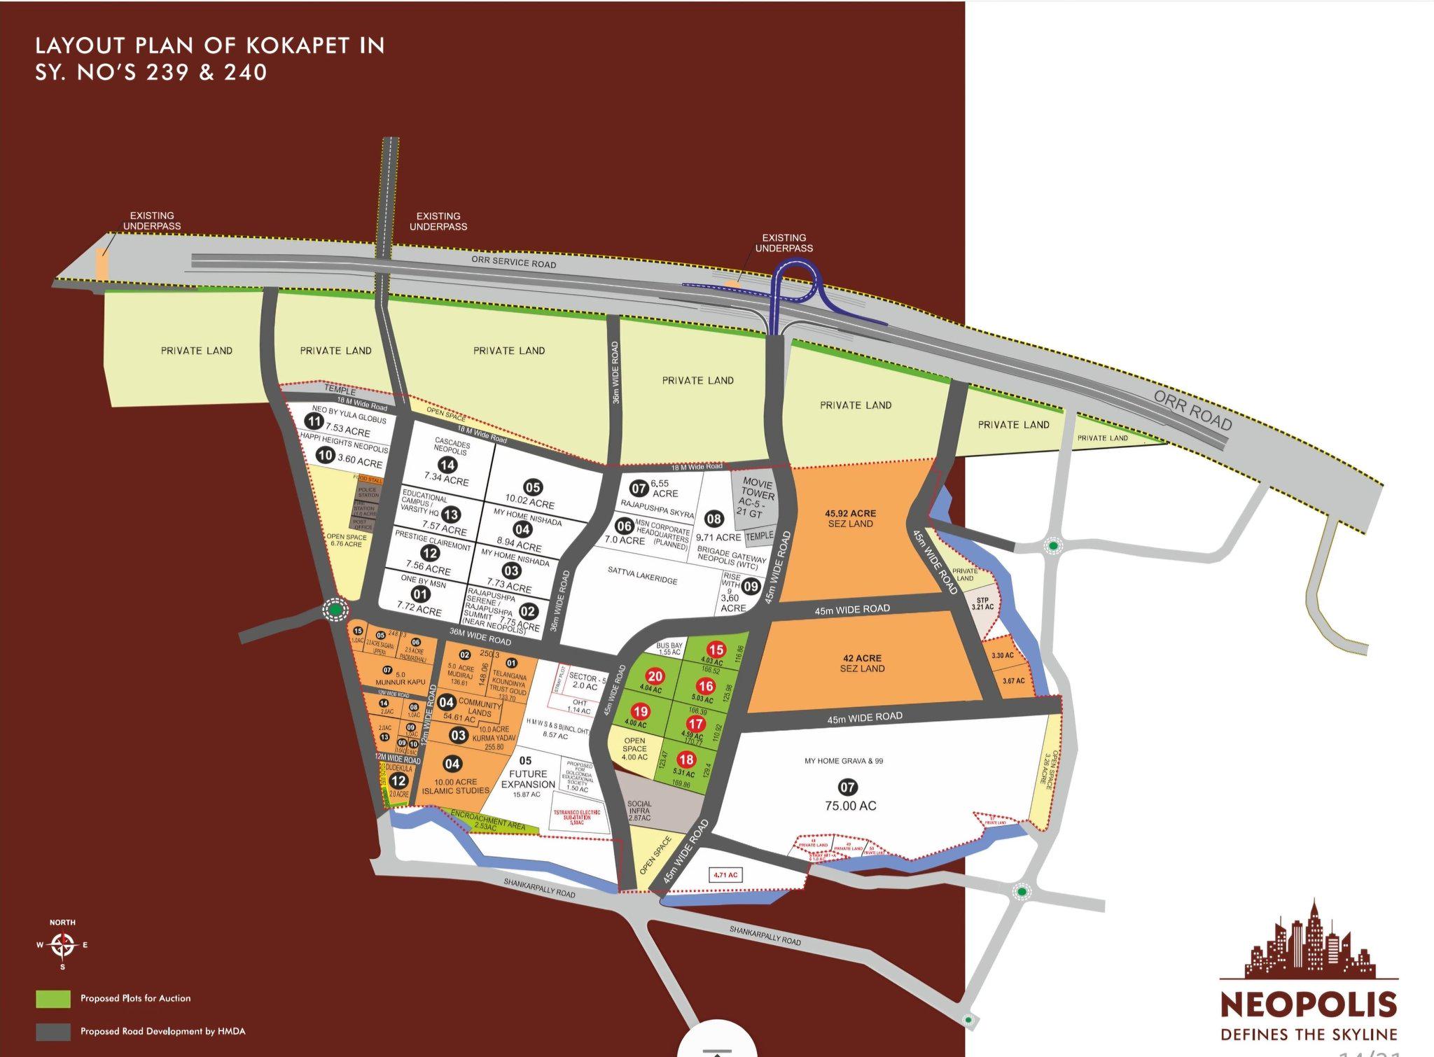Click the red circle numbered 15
[716, 649]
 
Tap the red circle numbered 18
[686, 759]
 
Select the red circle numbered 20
[655, 676]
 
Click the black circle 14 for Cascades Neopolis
[447, 465]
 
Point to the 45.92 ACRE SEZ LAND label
[850, 519]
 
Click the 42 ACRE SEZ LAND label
[862, 663]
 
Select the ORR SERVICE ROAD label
[513, 262]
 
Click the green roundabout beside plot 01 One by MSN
[336, 610]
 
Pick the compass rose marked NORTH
[62, 946]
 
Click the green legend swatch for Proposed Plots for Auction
[53, 999]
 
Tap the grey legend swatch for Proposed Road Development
[53, 1032]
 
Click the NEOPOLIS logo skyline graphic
[1308, 941]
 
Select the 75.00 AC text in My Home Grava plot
[850, 806]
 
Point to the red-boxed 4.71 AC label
[725, 875]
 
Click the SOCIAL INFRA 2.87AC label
[639, 811]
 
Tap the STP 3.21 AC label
[982, 603]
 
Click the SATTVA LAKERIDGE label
[642, 575]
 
